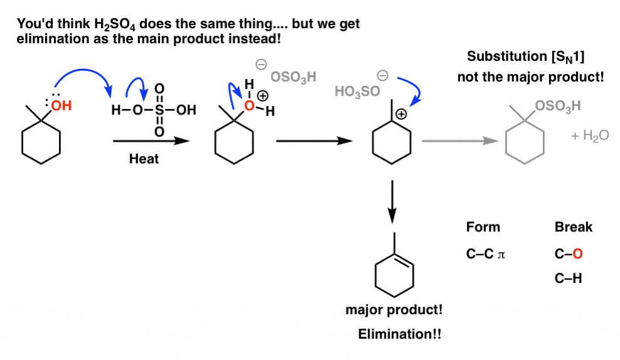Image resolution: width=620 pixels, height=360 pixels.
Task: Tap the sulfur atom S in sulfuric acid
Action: [x=159, y=110]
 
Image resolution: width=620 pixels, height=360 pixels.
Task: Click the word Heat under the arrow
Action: [x=144, y=159]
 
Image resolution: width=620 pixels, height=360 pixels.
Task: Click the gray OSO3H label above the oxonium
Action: [x=293, y=77]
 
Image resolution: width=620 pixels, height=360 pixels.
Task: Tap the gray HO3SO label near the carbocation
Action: [x=357, y=92]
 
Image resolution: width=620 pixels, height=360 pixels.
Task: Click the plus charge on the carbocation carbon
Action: [x=400, y=115]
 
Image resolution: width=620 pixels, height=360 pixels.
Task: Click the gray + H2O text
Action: [x=589, y=135]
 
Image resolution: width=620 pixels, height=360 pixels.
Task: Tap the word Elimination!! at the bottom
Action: [x=399, y=334]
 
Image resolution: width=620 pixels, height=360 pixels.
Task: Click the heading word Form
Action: [x=483, y=227]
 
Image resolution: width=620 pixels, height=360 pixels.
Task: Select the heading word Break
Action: [x=573, y=227]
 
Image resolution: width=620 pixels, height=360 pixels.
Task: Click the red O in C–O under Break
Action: [x=577, y=254]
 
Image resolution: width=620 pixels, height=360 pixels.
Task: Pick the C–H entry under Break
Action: [x=569, y=278]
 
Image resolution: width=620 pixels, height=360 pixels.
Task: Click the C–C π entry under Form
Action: [x=486, y=254]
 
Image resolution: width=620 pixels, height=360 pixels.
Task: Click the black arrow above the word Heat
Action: [x=151, y=141]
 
